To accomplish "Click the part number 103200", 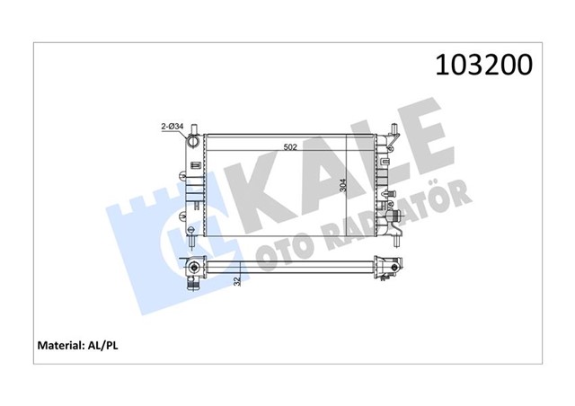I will (483, 66).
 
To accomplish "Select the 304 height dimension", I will (342, 186).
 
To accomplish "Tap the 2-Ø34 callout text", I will (172, 128).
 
